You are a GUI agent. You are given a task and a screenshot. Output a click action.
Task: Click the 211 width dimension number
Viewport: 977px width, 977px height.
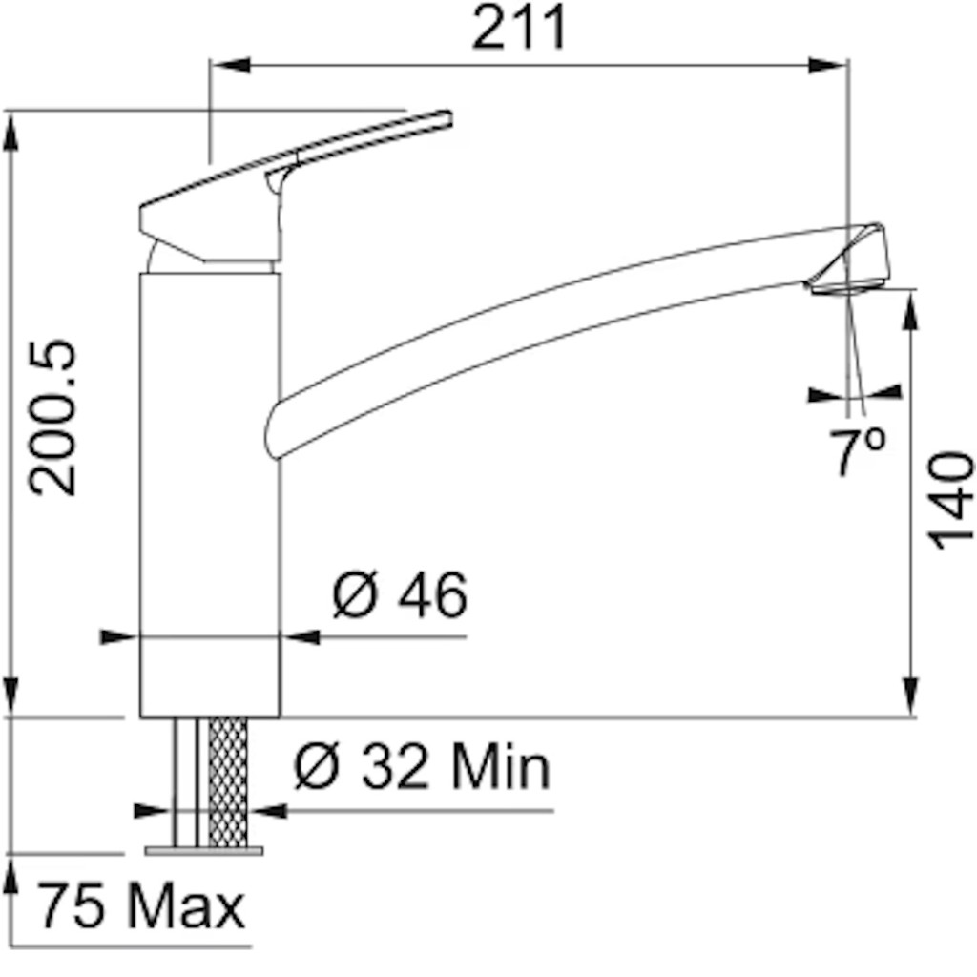[x=519, y=27]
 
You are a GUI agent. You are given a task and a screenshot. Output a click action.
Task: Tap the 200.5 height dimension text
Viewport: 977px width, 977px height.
[x=53, y=418]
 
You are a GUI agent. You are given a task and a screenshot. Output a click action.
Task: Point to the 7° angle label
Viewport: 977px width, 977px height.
[x=858, y=450]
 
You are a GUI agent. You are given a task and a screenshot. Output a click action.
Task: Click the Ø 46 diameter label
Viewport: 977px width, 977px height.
[x=400, y=595]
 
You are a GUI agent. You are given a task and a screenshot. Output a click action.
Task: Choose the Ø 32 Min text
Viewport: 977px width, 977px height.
[x=422, y=766]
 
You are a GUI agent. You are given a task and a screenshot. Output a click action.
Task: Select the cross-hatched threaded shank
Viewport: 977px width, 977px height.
[x=228, y=782]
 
